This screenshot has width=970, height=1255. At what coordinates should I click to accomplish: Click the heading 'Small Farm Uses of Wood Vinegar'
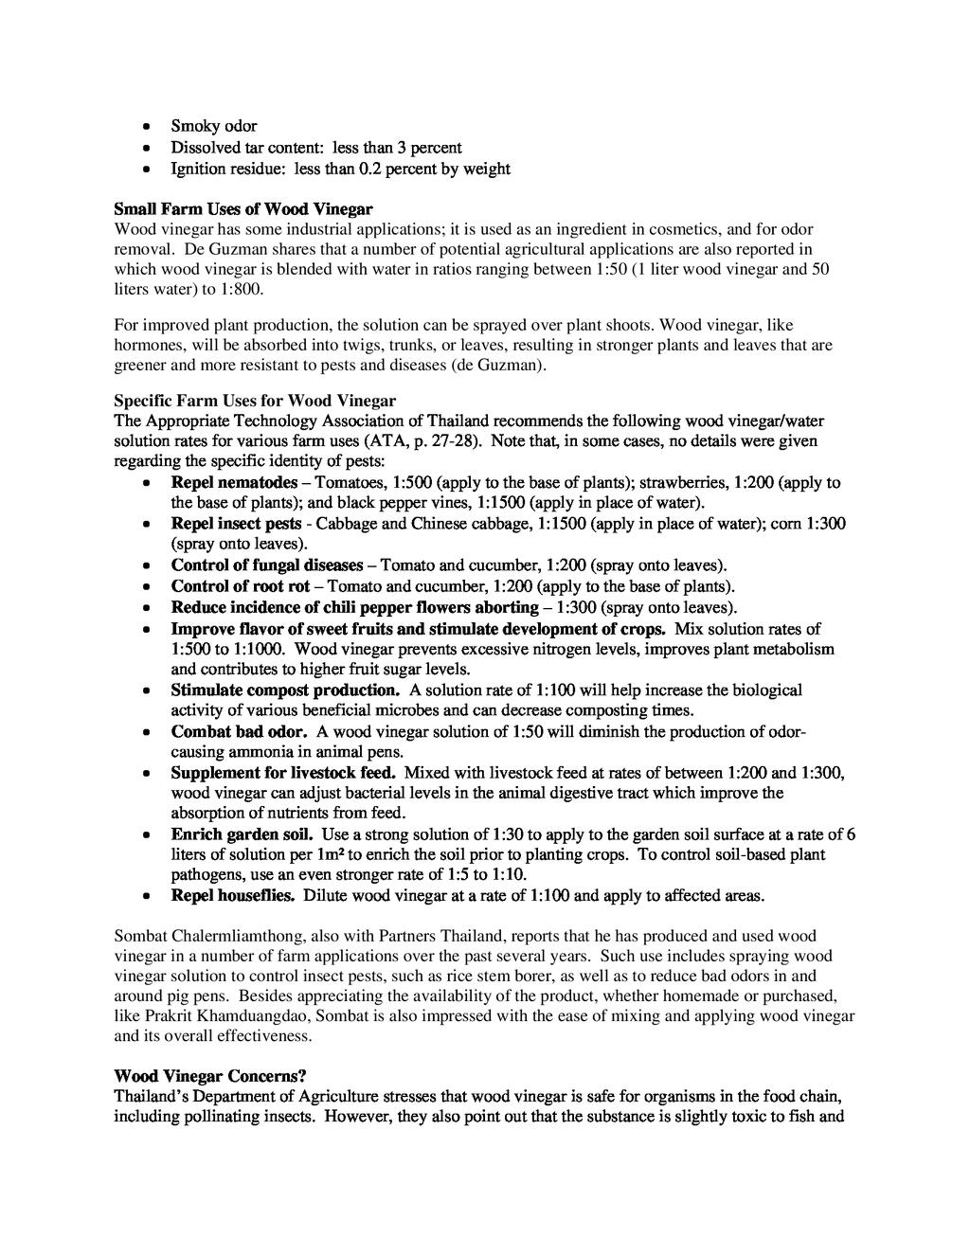pyautogui.click(x=243, y=208)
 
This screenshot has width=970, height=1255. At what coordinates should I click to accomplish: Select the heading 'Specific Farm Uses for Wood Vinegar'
pyautogui.click(x=255, y=401)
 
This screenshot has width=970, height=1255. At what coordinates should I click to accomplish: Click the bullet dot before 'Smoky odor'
pyautogui.click(x=144, y=127)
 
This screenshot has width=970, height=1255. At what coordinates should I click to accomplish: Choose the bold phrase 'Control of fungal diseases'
pyautogui.click(x=267, y=565)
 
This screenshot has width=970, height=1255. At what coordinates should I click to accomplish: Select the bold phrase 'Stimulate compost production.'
pyautogui.click(x=285, y=690)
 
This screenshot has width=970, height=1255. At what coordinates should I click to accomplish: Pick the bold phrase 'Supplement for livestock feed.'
pyautogui.click(x=283, y=773)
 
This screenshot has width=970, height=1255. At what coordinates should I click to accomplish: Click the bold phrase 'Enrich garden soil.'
pyautogui.click(x=242, y=834)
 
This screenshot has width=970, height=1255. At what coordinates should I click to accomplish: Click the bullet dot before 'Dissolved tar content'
pyautogui.click(x=144, y=149)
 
